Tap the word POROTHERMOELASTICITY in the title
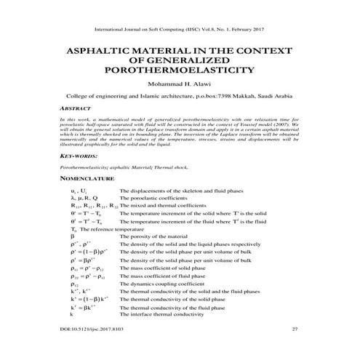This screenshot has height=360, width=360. tap(180, 72)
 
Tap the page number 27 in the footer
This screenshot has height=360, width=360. tap(295, 329)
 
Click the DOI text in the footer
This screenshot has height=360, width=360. tap(89, 329)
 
